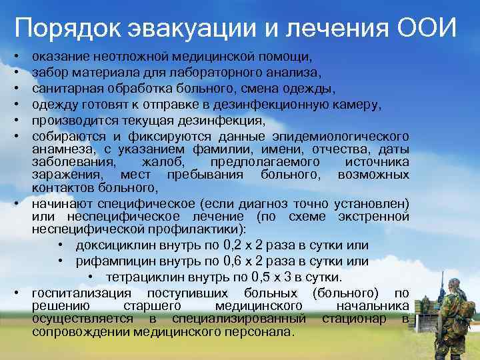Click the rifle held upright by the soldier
(x=441, y=293)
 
